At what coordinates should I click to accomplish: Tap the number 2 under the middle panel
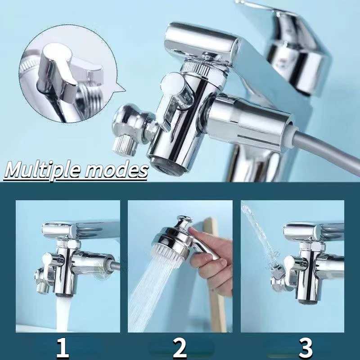click(180, 348)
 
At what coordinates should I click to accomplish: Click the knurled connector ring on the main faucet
click(200, 67)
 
